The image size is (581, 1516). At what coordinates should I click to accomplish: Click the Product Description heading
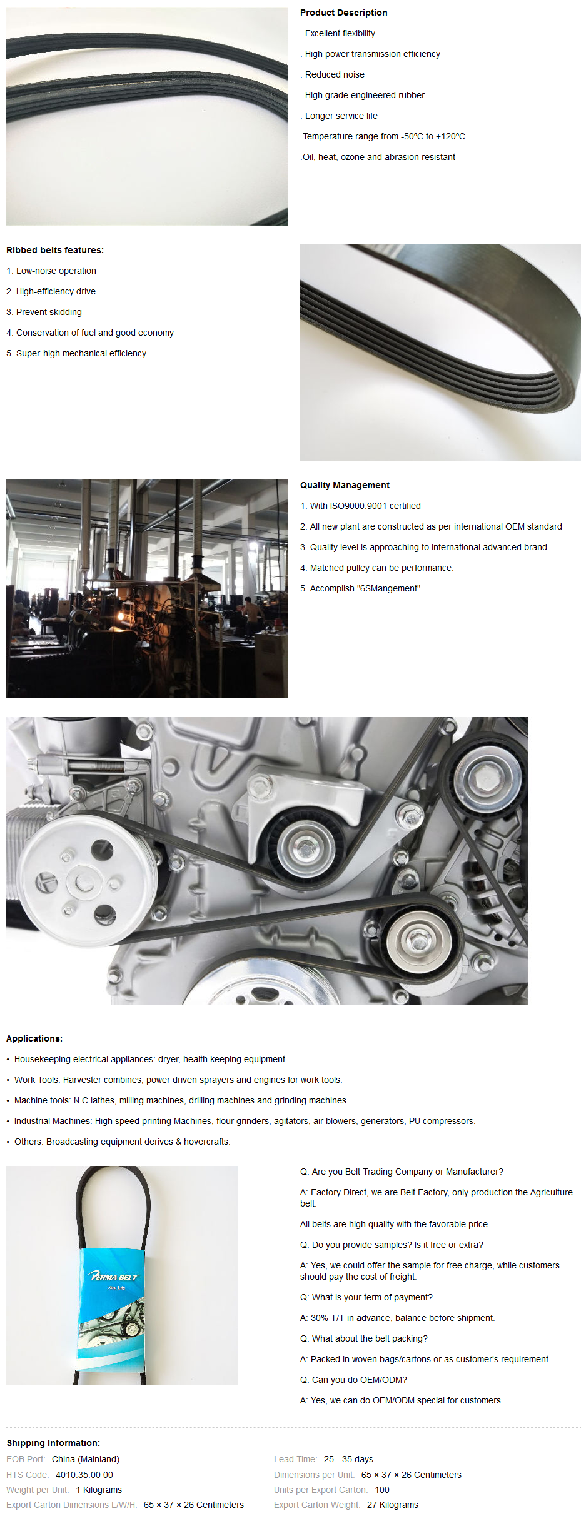tap(343, 13)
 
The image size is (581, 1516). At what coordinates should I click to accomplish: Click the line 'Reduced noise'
tap(335, 74)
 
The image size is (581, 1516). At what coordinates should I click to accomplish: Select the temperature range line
tap(383, 136)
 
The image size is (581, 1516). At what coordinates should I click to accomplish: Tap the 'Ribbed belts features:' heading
tap(55, 250)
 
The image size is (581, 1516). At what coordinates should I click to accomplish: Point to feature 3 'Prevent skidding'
tap(44, 312)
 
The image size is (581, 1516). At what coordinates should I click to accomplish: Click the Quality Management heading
tap(345, 485)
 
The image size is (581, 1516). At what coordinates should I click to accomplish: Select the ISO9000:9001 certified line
tap(360, 506)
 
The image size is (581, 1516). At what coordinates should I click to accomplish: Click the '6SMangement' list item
tap(360, 588)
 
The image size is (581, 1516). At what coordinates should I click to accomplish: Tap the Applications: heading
tap(34, 1038)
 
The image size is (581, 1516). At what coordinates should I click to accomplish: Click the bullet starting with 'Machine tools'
tap(178, 1100)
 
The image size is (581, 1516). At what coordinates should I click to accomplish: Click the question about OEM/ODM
tap(353, 1380)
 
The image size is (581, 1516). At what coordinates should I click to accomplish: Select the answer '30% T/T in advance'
tap(397, 1318)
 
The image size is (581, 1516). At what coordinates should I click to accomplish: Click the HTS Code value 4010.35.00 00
tap(84, 1475)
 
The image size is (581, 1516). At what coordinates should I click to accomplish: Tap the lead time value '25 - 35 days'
tap(348, 1459)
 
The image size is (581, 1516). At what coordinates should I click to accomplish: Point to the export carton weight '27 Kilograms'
tap(393, 1505)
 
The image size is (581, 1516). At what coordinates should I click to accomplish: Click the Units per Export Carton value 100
tap(382, 1490)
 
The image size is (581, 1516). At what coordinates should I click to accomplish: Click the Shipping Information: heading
tap(53, 1443)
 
